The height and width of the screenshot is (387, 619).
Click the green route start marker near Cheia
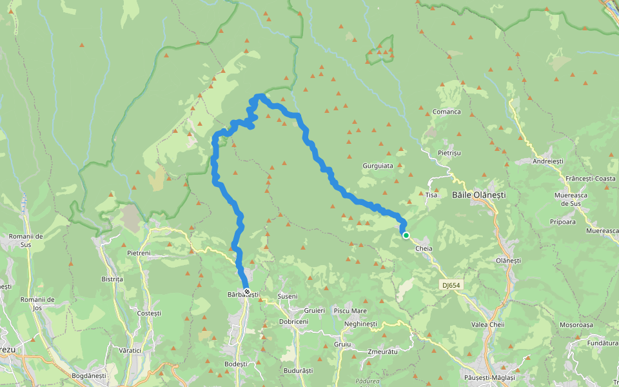click(406, 235)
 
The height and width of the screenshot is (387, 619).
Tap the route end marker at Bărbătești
click(246, 292)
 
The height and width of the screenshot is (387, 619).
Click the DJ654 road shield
click(453, 284)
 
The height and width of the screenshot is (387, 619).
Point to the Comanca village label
click(447, 112)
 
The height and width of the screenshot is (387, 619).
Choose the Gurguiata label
click(378, 166)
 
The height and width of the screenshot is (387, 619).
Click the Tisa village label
click(431, 195)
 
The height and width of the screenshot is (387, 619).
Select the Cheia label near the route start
click(424, 248)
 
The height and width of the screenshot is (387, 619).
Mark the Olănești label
click(507, 260)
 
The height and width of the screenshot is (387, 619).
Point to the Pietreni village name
click(139, 253)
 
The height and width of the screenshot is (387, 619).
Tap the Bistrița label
click(112, 279)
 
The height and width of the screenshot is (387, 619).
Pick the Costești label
click(149, 313)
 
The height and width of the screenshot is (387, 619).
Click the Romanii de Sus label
click(25, 240)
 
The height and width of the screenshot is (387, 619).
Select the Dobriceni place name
click(293, 321)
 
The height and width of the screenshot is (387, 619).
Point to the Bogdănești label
click(88, 375)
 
